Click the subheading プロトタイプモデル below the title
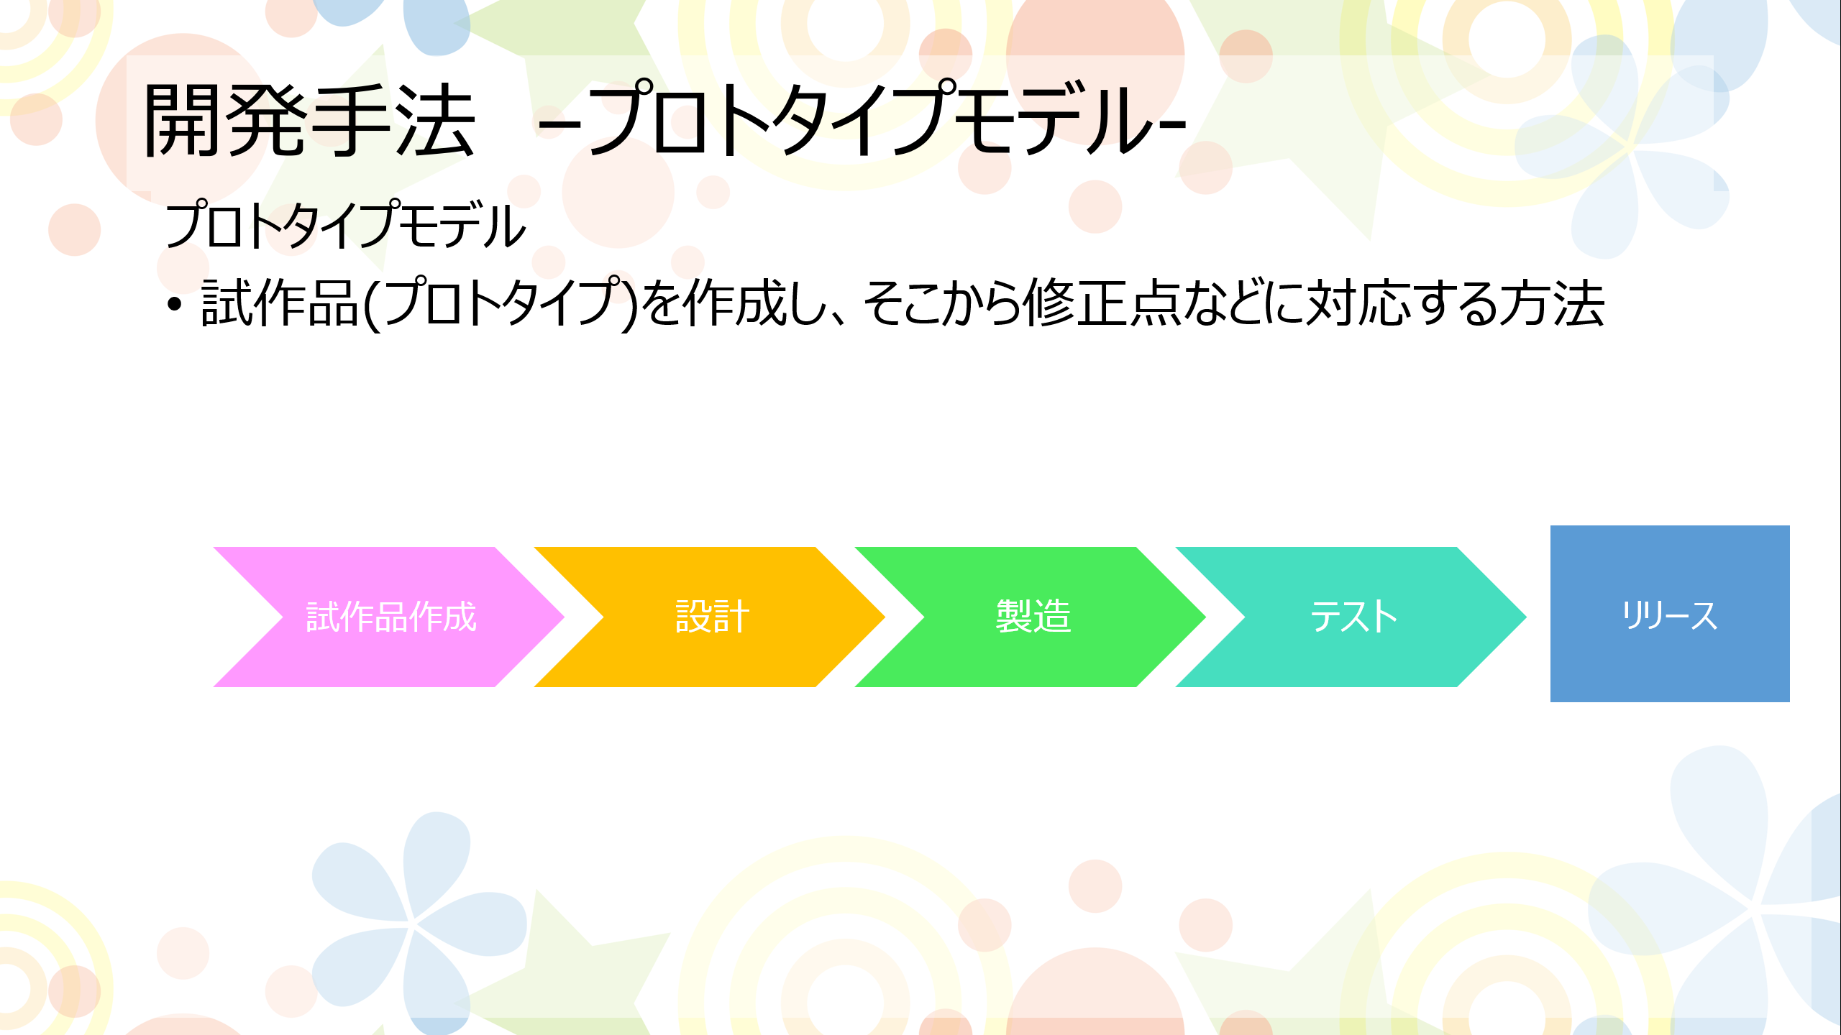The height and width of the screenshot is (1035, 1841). pos(345,226)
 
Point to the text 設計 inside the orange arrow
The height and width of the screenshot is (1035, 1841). pos(712,617)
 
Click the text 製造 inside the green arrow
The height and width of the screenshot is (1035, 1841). pos(1033,617)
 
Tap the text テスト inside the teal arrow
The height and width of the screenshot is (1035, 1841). pos(1353,617)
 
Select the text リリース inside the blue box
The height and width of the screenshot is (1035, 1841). pos(1670,615)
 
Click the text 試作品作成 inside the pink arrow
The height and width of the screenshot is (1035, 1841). pos(391,617)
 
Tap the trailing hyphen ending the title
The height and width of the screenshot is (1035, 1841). pos(1174,126)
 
